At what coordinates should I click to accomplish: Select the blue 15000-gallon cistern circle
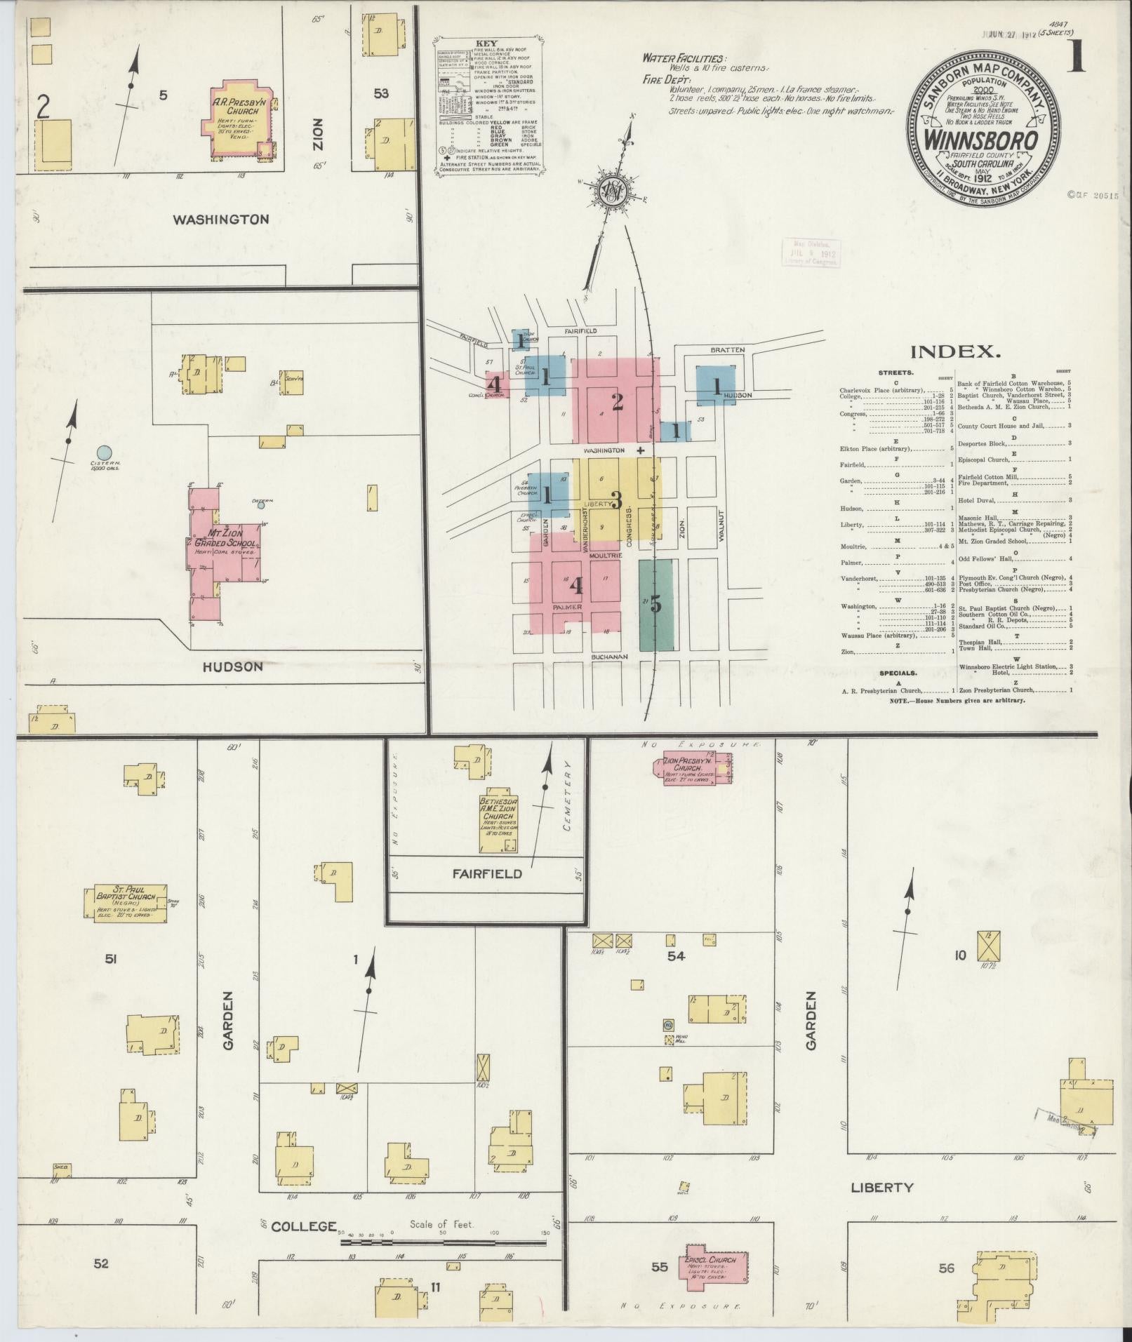[x=104, y=453]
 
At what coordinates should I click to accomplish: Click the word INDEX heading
[x=956, y=351]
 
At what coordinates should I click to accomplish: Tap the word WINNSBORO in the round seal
[x=982, y=140]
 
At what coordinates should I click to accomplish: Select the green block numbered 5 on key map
[x=655, y=604]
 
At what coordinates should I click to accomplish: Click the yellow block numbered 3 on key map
[x=615, y=500]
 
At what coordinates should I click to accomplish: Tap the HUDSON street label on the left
[x=232, y=666]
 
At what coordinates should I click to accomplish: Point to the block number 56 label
[x=946, y=1268]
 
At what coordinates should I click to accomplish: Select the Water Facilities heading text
[x=684, y=60]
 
